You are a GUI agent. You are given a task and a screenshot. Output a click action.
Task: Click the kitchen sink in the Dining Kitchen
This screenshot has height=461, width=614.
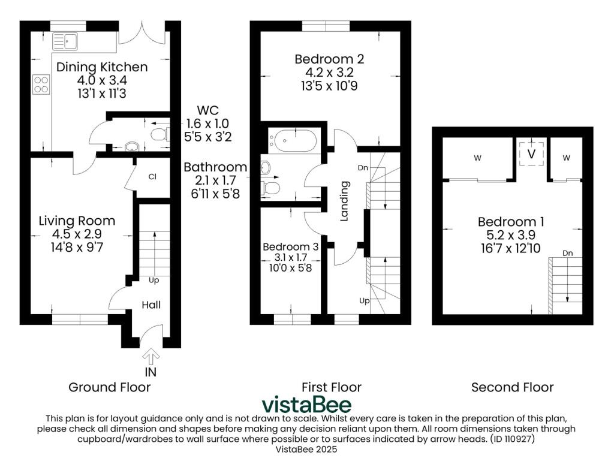tap(65, 41)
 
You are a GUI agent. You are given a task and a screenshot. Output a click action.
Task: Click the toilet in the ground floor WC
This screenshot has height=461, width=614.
tap(160, 134)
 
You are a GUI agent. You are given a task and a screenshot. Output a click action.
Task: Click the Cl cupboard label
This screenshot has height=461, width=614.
tap(152, 177)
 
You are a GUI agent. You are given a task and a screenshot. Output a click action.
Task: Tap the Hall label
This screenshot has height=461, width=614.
tap(151, 305)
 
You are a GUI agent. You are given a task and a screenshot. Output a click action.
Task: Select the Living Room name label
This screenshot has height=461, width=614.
tap(77, 221)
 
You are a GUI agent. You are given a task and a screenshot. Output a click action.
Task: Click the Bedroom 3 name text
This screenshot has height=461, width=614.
tap(291, 247)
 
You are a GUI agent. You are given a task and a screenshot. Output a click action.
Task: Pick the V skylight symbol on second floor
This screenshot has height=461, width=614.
tap(531, 154)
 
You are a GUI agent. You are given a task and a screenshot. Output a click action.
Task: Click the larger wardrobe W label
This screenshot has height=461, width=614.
tap(478, 158)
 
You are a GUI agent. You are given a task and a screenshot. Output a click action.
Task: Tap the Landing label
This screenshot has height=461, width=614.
tap(344, 201)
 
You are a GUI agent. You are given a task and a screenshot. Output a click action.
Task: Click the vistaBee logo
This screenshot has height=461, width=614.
tap(306, 405)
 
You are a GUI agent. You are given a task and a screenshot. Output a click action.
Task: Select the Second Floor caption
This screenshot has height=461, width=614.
tap(512, 387)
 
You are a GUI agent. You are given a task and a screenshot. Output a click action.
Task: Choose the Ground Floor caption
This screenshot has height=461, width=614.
tap(109, 387)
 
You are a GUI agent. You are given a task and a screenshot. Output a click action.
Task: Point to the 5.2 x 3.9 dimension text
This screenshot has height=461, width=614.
tap(511, 235)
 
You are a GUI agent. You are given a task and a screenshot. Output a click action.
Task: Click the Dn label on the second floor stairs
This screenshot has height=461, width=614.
tap(568, 253)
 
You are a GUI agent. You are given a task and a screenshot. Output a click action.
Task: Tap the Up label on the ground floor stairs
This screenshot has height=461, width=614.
tap(154, 280)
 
